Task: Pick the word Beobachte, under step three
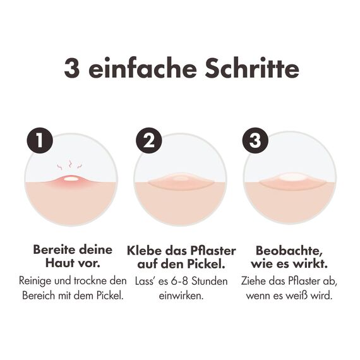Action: click(x=285, y=249)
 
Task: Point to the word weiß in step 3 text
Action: click(x=308, y=295)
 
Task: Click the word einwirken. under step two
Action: click(x=181, y=295)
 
